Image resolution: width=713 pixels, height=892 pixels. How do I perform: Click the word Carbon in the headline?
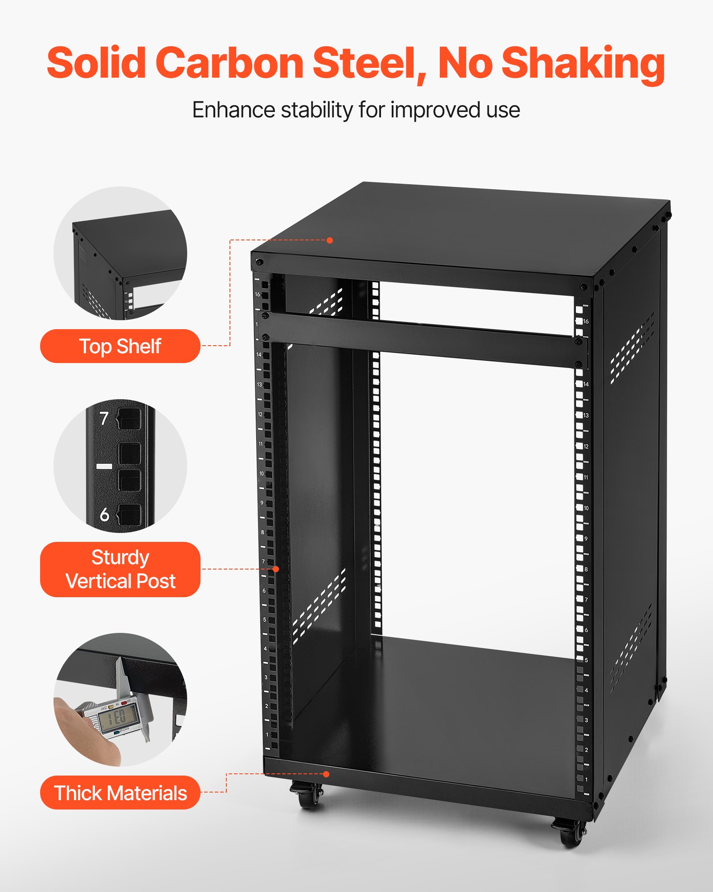point(229,63)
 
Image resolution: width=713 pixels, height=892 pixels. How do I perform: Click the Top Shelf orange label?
point(120,346)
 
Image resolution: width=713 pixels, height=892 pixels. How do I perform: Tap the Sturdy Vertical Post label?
point(120,569)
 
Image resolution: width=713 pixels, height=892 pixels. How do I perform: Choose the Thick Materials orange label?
point(120,793)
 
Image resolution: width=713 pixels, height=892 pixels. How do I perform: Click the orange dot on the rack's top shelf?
point(330,240)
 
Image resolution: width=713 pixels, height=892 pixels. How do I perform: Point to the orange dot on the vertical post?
point(276,569)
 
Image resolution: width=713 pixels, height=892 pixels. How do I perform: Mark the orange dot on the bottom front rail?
point(326,774)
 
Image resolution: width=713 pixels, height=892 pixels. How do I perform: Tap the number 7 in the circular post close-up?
point(104,418)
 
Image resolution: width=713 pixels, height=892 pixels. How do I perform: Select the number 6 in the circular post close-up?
point(104,515)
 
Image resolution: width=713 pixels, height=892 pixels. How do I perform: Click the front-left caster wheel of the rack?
point(308,796)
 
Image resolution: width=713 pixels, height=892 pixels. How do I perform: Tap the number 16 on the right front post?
point(586,321)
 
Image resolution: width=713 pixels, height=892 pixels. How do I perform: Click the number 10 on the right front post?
point(586,508)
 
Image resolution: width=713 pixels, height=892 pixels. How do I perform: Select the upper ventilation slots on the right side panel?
point(633,348)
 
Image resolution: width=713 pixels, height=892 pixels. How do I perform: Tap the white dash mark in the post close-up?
point(104,466)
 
